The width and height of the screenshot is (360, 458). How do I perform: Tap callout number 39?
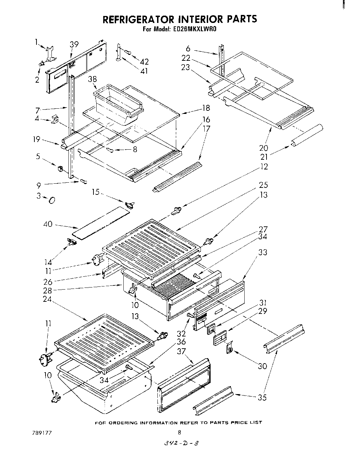74,44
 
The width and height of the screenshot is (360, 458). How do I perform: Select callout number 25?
263,185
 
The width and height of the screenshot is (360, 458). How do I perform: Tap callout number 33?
263,252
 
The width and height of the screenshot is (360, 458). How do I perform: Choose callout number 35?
262,398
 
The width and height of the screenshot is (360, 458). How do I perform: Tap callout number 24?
47,298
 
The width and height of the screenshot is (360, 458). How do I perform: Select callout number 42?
144,62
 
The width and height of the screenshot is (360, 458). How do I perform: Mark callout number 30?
263,366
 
